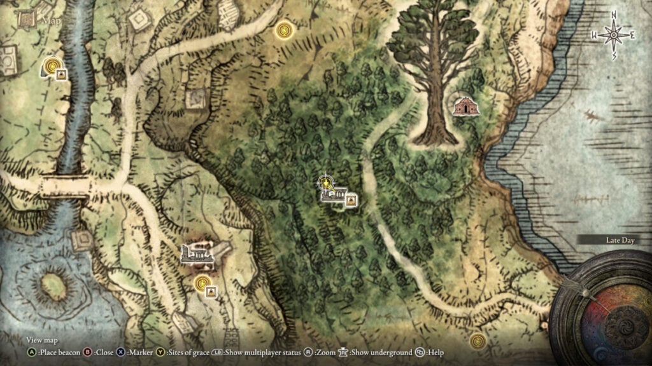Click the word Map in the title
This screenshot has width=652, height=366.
click(x=50, y=20)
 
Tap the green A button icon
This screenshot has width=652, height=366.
click(x=31, y=352)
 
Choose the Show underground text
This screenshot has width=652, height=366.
click(x=381, y=352)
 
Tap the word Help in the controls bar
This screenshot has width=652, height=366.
click(x=436, y=352)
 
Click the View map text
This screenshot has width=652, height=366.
click(x=42, y=341)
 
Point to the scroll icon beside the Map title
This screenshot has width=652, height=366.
click(x=27, y=20)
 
